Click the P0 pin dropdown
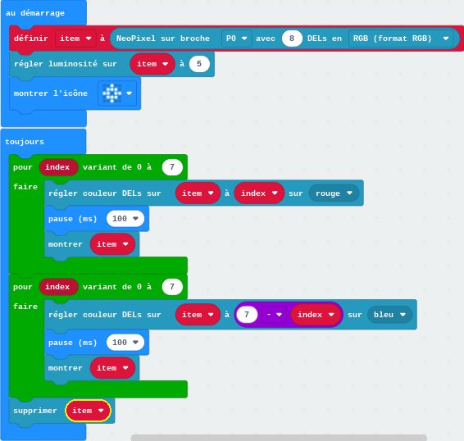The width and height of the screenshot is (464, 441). [236, 39]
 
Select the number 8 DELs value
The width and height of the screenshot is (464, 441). [292, 39]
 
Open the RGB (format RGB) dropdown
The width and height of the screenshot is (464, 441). [401, 39]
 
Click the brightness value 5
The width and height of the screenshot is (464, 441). [199, 64]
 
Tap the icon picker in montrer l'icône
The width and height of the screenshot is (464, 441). [117, 93]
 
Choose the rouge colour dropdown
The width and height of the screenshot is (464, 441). [334, 193]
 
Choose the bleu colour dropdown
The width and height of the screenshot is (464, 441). [389, 314]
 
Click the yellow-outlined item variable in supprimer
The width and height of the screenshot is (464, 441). [88, 411]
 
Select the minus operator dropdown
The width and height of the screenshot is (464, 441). [274, 314]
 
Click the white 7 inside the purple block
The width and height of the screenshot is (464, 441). [247, 314]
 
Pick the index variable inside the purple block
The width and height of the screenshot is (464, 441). [316, 314]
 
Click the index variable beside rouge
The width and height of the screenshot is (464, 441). [259, 193]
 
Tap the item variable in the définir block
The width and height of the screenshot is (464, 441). [75, 39]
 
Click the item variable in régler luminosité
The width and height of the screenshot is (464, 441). [152, 64]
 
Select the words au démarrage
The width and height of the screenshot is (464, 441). [35, 13]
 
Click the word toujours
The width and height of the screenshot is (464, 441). [25, 142]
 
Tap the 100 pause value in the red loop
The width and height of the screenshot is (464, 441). [125, 218]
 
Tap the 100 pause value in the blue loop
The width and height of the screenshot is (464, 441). [125, 342]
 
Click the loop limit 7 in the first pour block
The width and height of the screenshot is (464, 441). [172, 167]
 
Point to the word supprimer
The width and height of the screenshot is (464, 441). [35, 411]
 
